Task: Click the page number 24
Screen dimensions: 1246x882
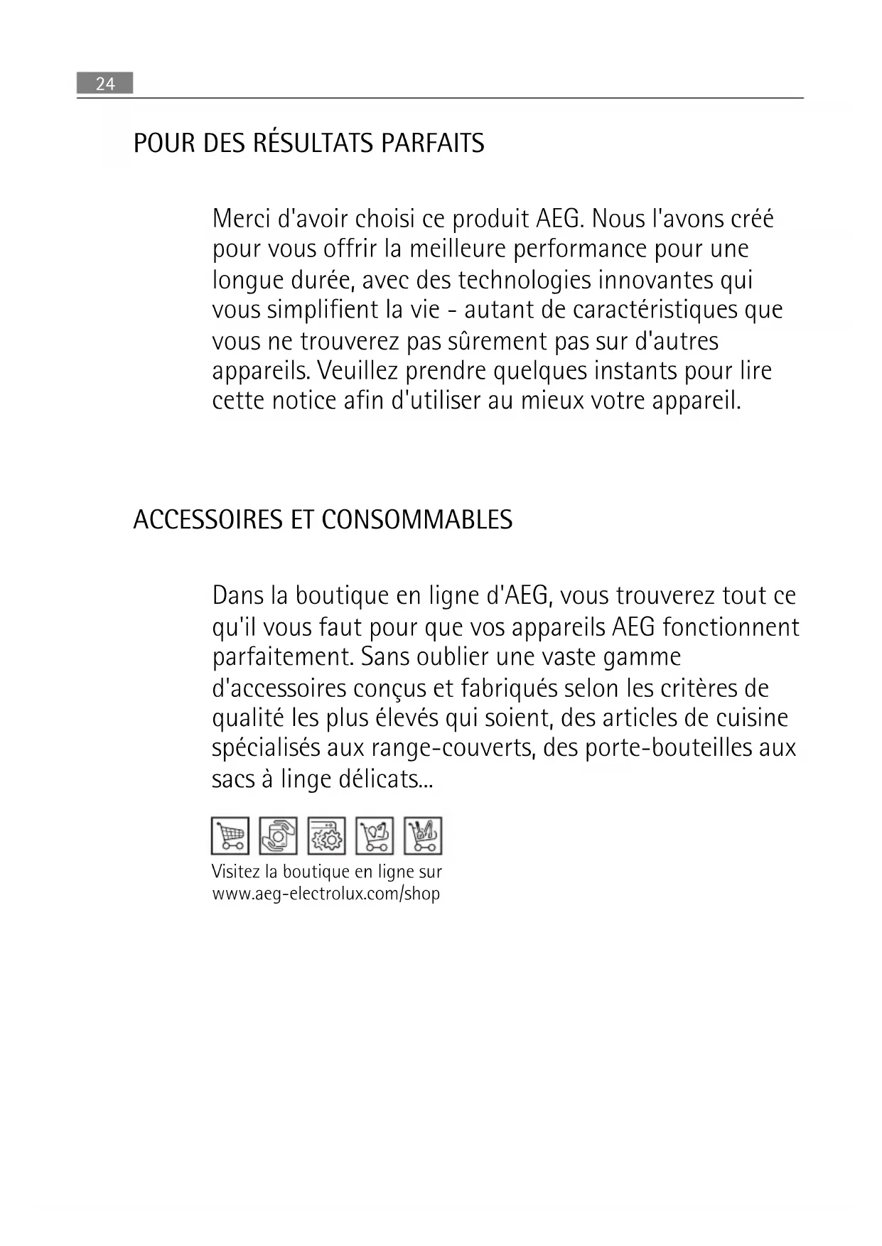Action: (105, 84)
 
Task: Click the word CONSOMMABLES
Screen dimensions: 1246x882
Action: (416, 520)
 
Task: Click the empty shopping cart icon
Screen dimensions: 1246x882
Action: (230, 835)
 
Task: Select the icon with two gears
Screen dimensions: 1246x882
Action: (326, 835)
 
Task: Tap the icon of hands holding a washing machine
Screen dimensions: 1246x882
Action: (278, 835)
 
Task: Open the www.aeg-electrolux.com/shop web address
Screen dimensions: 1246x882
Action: (326, 894)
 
